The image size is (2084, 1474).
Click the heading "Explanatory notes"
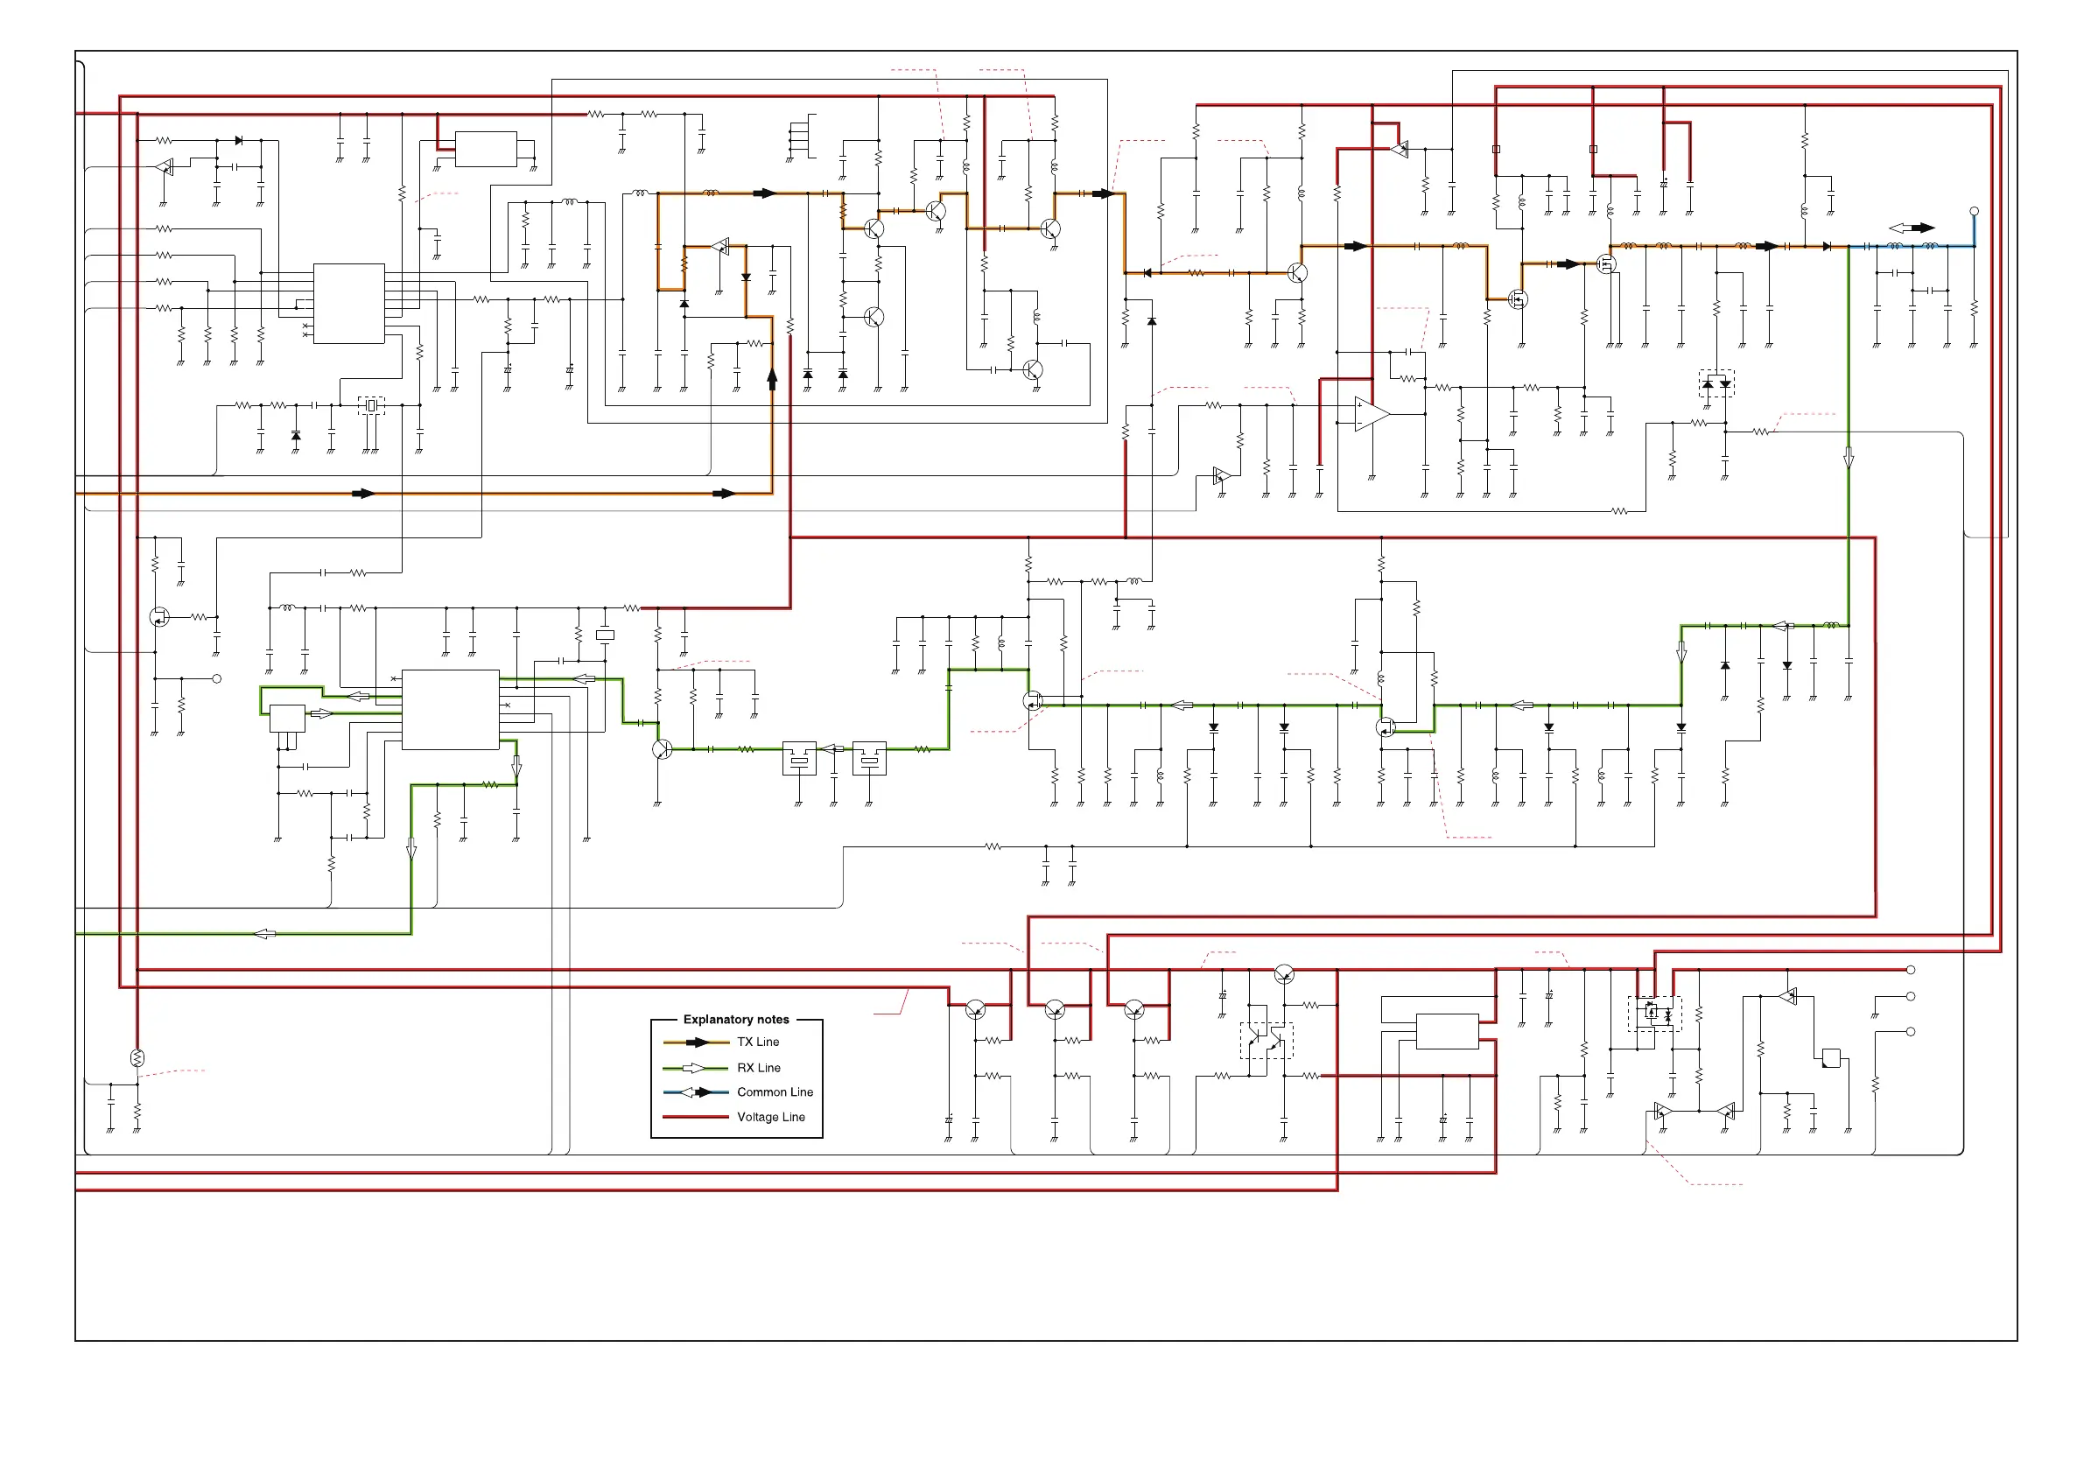click(x=736, y=1019)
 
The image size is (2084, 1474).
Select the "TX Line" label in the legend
click(x=758, y=1042)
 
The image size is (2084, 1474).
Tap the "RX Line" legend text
click(x=759, y=1068)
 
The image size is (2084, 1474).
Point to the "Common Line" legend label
click(x=775, y=1091)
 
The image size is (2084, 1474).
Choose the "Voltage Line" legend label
click(x=770, y=1117)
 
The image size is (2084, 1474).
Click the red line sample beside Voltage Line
click(x=695, y=1117)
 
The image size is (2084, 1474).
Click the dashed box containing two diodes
click(x=1716, y=383)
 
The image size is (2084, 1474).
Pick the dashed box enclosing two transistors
click(x=1267, y=1041)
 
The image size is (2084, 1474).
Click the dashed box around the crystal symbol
click(x=371, y=406)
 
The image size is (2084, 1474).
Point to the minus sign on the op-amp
click(x=1358, y=423)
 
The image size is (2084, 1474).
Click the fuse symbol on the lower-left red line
click(x=137, y=1058)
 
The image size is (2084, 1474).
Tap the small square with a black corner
click(x=1831, y=1058)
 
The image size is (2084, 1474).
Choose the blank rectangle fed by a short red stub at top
click(x=486, y=150)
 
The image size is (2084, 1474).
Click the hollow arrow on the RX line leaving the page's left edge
click(x=264, y=934)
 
